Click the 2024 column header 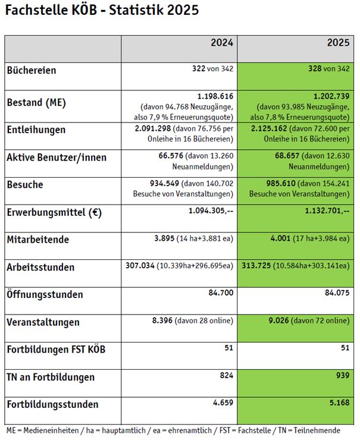(x=222, y=43)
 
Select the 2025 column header (x=338, y=43)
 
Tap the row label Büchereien (x=32, y=70)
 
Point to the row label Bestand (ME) (x=36, y=102)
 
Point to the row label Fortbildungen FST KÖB (x=56, y=349)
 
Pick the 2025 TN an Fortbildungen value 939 (x=342, y=376)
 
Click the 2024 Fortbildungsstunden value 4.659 (x=223, y=404)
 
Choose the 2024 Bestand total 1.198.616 (x=215, y=96)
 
